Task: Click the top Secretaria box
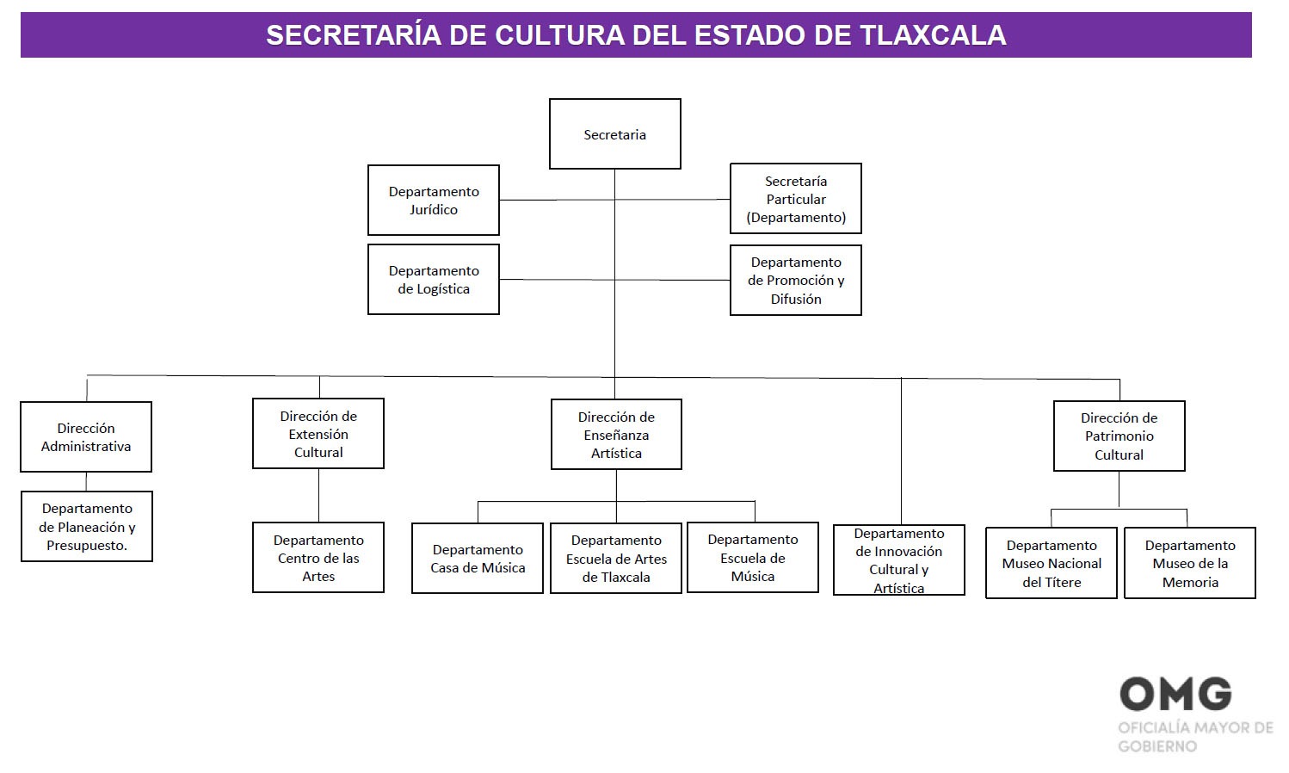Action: [614, 134]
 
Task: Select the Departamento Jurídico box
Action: [433, 201]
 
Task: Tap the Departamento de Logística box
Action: [433, 280]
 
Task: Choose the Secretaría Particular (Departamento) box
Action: [795, 199]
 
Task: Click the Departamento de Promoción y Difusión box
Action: [795, 281]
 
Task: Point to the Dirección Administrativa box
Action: [86, 437]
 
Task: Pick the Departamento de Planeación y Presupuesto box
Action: [87, 527]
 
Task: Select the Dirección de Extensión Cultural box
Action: [318, 434]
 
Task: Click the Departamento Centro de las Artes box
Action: [318, 558]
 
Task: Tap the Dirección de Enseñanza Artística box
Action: [616, 435]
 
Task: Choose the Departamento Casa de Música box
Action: [478, 559]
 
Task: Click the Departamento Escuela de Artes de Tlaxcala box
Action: [616, 559]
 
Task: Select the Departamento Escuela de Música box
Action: [753, 558]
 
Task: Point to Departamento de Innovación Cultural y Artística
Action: [898, 560]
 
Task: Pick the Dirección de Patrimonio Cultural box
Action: [1119, 436]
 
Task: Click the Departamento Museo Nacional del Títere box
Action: [1052, 563]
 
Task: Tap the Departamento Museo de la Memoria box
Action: [1190, 563]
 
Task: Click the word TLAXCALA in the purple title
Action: [933, 35]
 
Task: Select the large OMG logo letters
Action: [1175, 694]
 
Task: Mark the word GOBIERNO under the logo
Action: [1157, 746]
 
